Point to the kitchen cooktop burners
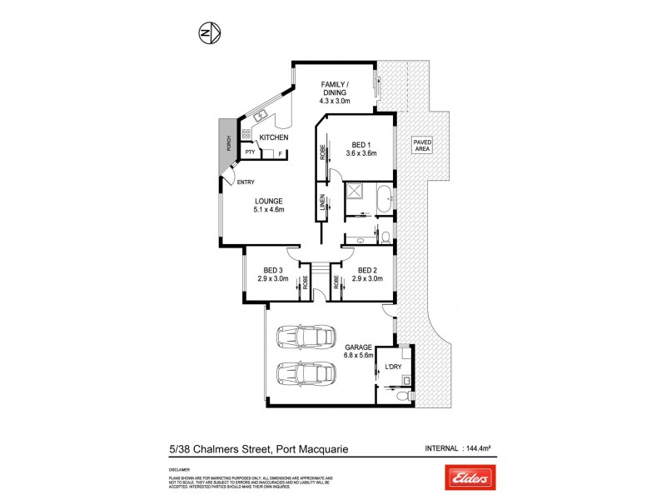point(246,133)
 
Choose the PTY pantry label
point(249,152)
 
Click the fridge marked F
point(279,153)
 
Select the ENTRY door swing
point(229,177)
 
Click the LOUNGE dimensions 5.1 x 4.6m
point(269,209)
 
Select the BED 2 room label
point(370,270)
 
